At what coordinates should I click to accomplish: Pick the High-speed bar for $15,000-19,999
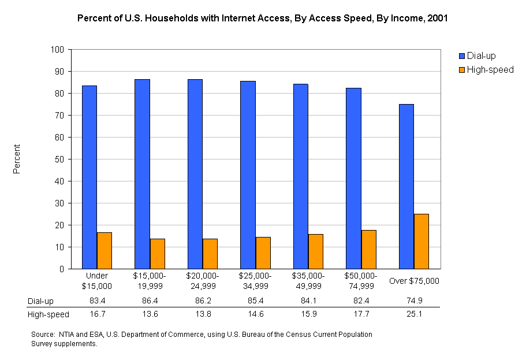click(158, 254)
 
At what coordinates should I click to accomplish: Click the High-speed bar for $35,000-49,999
click(316, 251)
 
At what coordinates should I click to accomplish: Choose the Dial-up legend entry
click(480, 56)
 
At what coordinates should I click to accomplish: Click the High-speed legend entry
click(489, 70)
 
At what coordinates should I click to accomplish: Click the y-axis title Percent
click(17, 159)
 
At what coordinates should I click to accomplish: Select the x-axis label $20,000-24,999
click(203, 281)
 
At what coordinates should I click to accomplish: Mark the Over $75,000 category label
click(414, 281)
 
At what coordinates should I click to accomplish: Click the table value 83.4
click(97, 301)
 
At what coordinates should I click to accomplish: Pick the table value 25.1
click(414, 314)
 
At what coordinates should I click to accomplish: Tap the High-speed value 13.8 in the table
click(203, 314)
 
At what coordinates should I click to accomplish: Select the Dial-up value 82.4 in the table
click(361, 301)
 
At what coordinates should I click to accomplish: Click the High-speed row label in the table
click(49, 314)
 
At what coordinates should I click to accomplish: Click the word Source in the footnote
click(42, 335)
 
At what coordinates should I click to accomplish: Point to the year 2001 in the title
click(437, 18)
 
